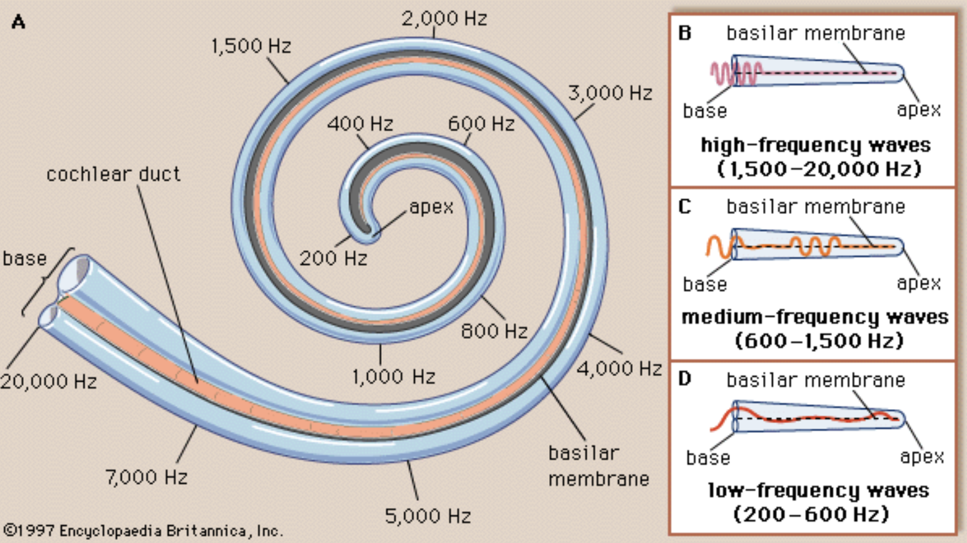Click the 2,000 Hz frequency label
point(444,18)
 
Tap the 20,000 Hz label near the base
point(49,382)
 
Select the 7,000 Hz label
point(146,476)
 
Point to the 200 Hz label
point(333,258)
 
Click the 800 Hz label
point(494,331)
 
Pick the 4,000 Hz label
point(619,368)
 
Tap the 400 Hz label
point(360,124)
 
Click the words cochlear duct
point(114,174)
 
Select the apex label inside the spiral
point(431,207)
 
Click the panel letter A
point(18,23)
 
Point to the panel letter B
point(685,32)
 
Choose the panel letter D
point(685,379)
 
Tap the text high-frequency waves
point(816,145)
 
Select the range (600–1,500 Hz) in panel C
point(819,341)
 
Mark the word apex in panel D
point(922,456)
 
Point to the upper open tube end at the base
point(75,273)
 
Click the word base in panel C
point(705,284)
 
